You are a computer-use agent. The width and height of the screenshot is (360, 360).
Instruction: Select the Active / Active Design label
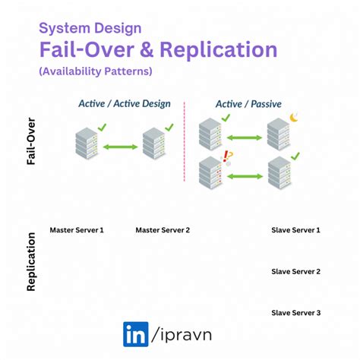[x=125, y=103]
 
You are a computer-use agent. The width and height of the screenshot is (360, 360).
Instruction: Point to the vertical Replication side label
[x=32, y=262]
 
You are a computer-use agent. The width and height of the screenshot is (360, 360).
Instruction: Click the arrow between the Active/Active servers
[x=119, y=146]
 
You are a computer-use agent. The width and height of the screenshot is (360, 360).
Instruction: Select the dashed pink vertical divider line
[x=185, y=144]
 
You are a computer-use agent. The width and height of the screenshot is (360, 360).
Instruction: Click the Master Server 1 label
[x=77, y=229]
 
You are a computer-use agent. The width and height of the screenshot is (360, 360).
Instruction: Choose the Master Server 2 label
[x=163, y=229]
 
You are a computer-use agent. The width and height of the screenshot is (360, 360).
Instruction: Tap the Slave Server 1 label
[x=295, y=229]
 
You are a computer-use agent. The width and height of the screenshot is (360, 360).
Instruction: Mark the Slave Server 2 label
[x=295, y=271]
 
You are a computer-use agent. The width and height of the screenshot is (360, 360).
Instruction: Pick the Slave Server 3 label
[x=295, y=313]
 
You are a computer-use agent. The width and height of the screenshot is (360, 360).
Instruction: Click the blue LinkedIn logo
[x=136, y=334]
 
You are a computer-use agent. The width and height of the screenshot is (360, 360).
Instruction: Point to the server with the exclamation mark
[x=212, y=174]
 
